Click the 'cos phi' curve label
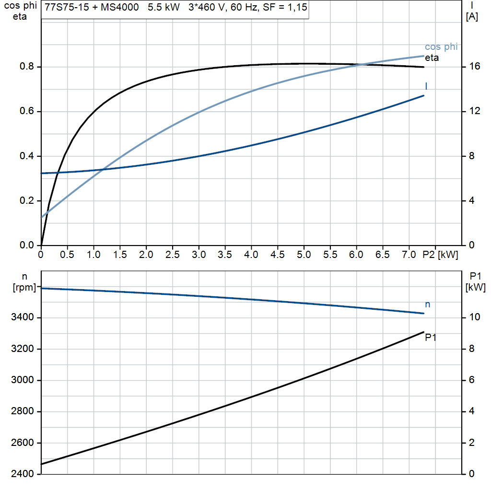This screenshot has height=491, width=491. [x=441, y=47]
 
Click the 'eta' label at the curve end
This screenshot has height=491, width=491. [x=432, y=58]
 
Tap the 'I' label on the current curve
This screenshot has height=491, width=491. [x=426, y=86]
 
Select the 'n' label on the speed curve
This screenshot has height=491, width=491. [x=428, y=304]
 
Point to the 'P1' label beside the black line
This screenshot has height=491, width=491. [x=431, y=338]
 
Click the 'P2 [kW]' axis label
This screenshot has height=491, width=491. [x=440, y=255]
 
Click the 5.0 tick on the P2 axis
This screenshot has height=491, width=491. [x=304, y=255]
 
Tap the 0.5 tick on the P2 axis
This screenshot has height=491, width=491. [x=67, y=255]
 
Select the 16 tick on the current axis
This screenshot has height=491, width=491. [x=474, y=67]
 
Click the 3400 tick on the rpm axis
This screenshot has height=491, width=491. [x=23, y=317]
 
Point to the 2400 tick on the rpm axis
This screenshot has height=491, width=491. [x=23, y=474]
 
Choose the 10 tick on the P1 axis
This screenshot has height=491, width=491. [x=474, y=317]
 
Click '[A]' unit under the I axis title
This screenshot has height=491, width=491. [x=472, y=17]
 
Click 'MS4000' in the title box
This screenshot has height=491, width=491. [x=115, y=8]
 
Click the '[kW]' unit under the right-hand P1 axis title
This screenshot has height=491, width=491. [x=475, y=288]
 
